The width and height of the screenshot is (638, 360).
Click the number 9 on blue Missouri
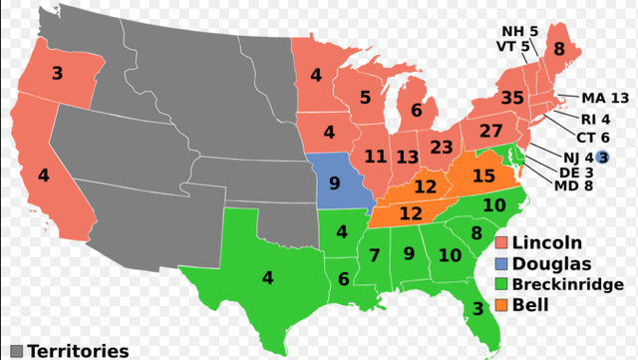tap(334, 182)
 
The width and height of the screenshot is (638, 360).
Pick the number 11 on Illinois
tap(376, 157)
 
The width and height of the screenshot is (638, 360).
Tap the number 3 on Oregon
tap(57, 72)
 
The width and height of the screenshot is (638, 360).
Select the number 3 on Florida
tap(478, 308)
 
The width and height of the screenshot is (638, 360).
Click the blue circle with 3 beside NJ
tap(603, 156)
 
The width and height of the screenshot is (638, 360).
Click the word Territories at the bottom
tap(78, 351)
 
